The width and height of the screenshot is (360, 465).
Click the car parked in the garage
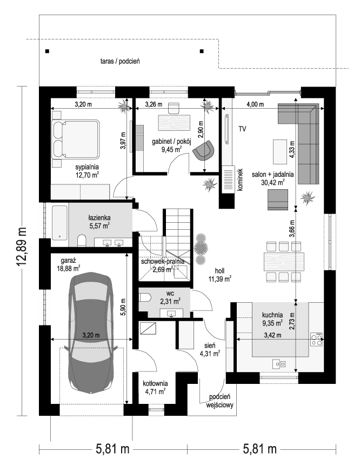pyautogui.click(x=91, y=332)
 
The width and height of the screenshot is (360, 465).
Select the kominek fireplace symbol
pyautogui.click(x=228, y=179)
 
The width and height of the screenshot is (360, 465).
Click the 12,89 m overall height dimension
pyautogui.click(x=21, y=247)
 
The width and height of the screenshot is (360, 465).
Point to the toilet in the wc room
pyautogui.click(x=144, y=297)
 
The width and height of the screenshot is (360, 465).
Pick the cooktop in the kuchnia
pyautogui.click(x=316, y=339)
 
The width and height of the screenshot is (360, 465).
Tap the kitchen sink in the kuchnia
pyautogui.click(x=279, y=364)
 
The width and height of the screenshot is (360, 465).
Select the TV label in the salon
pyautogui.click(x=242, y=129)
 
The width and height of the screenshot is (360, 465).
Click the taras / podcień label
pyautogui.click(x=120, y=62)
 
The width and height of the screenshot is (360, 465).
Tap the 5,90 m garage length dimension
pyautogui.click(x=123, y=308)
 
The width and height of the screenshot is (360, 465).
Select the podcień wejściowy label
pyautogui.click(x=220, y=401)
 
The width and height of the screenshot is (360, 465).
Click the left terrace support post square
pyautogui.click(x=47, y=51)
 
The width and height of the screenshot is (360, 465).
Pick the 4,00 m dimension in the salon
pyautogui.click(x=255, y=104)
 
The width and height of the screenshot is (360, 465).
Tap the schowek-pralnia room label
pyautogui.click(x=163, y=265)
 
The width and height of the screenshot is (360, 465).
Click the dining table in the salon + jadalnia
pyautogui.click(x=284, y=261)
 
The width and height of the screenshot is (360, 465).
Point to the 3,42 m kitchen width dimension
pyautogui.click(x=273, y=335)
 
